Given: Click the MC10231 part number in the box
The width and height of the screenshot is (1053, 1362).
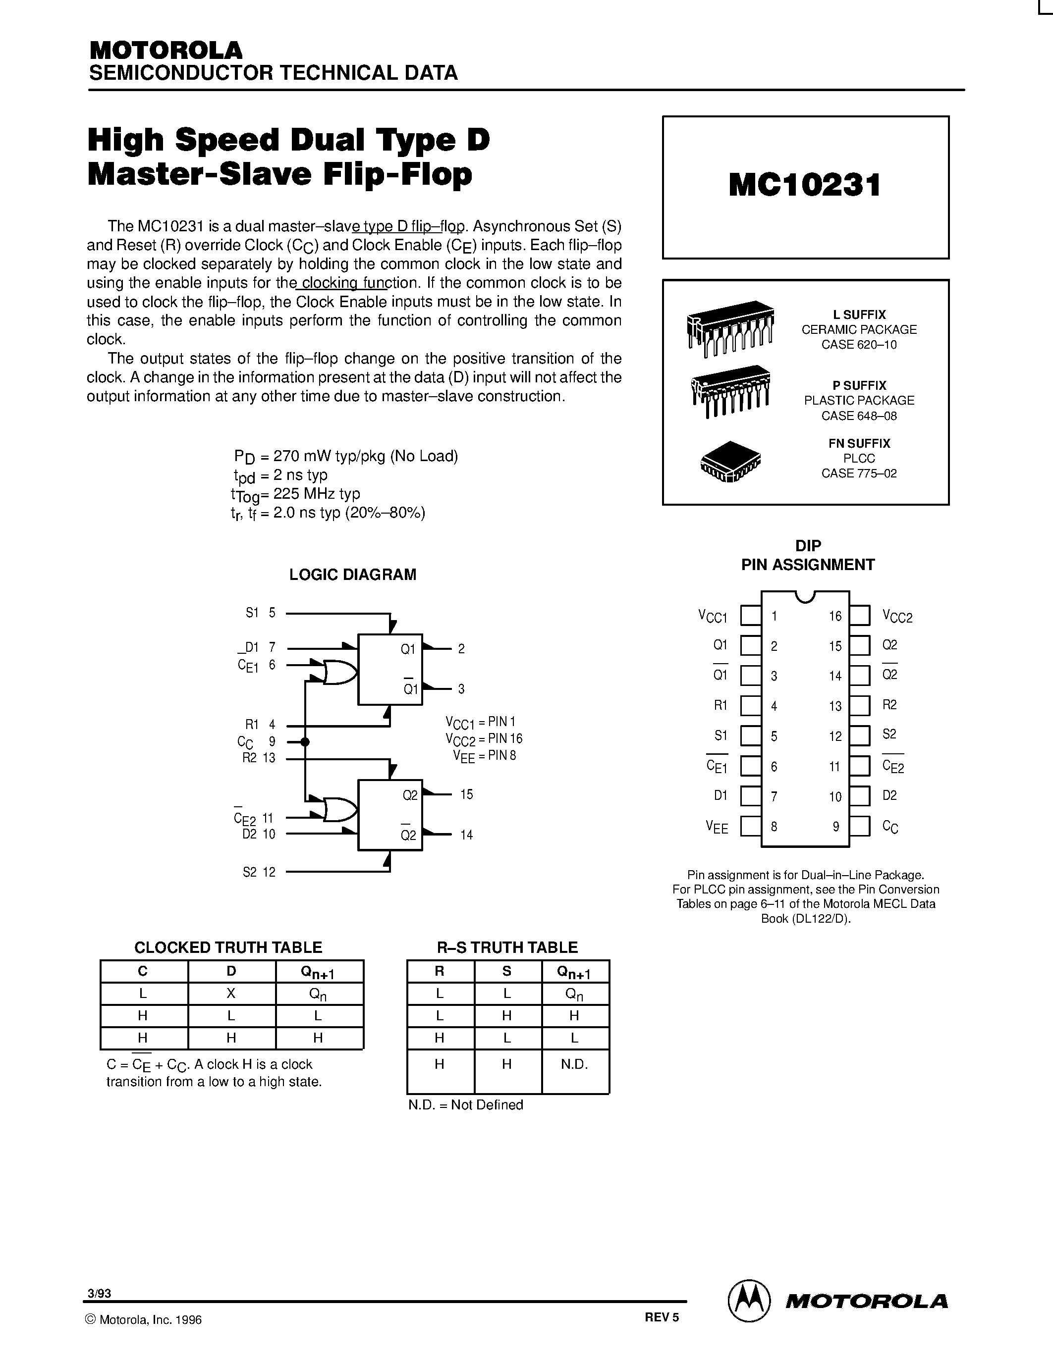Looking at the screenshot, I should coord(805,185).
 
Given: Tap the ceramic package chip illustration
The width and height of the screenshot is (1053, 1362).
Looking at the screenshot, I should coord(730,329).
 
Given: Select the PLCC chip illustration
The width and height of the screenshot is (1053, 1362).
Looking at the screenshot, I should coord(730,462).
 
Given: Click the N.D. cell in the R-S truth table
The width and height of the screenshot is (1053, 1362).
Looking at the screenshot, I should coord(574,1064).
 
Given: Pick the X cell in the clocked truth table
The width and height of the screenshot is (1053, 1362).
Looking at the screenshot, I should coord(231,993).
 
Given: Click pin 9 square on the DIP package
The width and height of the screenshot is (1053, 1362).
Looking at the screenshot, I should coord(860,826).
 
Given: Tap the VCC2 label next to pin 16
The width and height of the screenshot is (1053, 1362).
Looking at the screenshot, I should coord(897,617).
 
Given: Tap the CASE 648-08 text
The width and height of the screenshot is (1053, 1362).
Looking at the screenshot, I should coord(859,416).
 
